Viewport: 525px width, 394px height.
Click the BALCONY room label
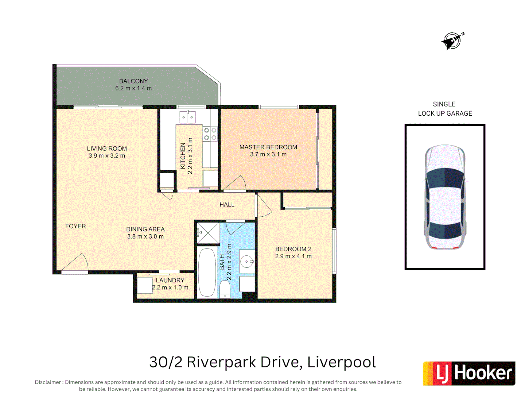(x=133, y=81)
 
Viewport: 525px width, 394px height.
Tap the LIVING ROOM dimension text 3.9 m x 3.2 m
(x=107, y=156)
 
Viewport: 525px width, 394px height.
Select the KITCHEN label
(x=183, y=156)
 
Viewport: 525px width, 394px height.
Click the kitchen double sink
(x=187, y=117)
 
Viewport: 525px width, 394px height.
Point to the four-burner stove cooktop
(x=210, y=134)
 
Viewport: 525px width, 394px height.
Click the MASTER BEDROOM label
(x=268, y=147)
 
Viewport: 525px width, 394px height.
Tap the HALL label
(x=227, y=205)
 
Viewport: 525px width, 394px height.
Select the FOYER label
(x=75, y=226)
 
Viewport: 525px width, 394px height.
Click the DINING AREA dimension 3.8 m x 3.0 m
(x=145, y=236)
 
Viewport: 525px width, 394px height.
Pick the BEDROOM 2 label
(x=293, y=249)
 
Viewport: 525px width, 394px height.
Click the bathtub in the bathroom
(x=207, y=272)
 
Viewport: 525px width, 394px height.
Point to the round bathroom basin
(x=247, y=261)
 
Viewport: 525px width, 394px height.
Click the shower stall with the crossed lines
(x=208, y=233)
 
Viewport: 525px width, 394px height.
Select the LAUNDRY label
(x=170, y=280)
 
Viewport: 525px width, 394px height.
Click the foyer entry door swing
(x=76, y=263)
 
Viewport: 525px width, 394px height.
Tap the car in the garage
(x=445, y=197)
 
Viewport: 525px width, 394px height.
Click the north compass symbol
(x=452, y=40)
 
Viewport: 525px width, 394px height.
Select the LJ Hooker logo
(x=469, y=373)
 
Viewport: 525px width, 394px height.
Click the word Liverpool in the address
(x=341, y=362)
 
